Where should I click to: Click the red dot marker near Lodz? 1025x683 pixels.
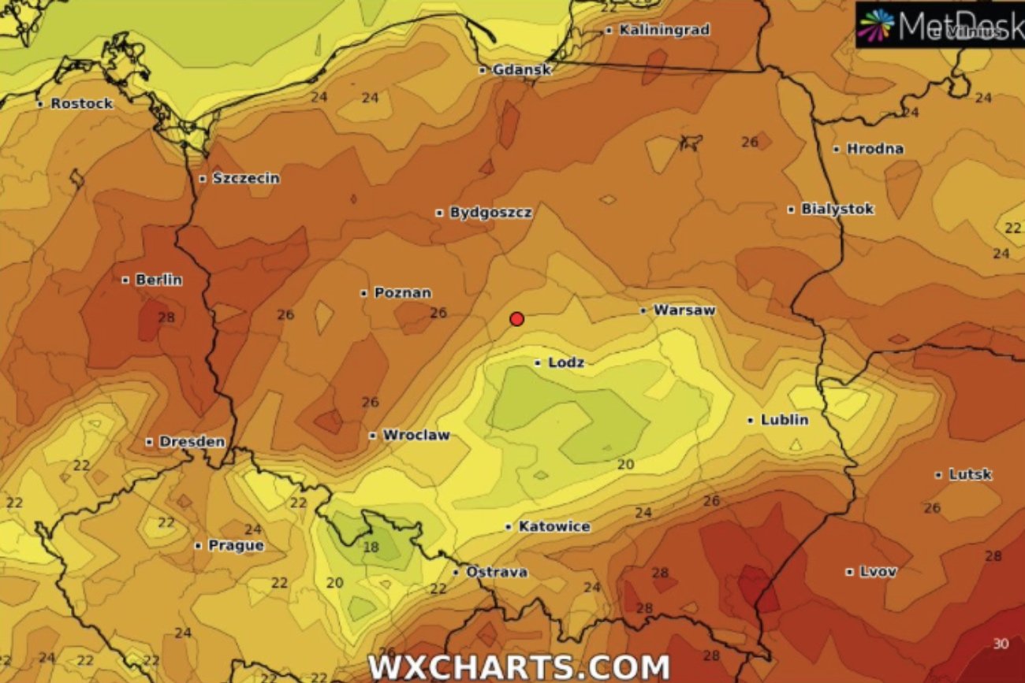tap(517, 319)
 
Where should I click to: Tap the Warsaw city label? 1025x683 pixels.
tap(684, 310)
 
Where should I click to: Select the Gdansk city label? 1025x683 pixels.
tap(521, 70)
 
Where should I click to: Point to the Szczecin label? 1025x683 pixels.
tap(245, 178)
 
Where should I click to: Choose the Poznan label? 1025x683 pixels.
tap(402, 293)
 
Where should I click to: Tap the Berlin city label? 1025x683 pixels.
tap(158, 280)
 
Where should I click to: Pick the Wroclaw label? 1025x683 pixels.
tap(416, 435)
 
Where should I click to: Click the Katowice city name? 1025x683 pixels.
tap(553, 526)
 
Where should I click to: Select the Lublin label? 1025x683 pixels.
tap(784, 420)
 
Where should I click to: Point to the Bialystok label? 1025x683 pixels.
tap(837, 210)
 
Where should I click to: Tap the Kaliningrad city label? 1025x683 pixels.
tap(664, 30)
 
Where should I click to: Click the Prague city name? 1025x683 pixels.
tap(236, 545)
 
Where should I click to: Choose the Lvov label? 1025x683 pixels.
tap(878, 572)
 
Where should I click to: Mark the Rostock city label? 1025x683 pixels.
tap(81, 103)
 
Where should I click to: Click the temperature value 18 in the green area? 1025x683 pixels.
tap(371, 548)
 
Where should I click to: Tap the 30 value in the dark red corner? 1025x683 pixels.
tap(1001, 644)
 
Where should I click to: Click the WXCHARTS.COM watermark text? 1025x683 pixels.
tap(518, 667)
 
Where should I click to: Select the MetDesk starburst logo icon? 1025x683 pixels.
tap(876, 24)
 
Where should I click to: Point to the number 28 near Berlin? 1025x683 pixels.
tap(166, 317)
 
